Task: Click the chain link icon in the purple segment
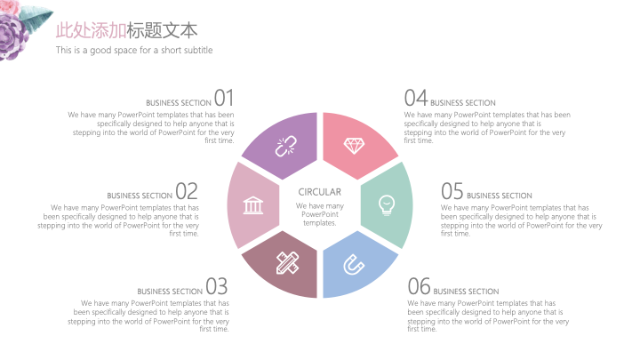pos(285,147)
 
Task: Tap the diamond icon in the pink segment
pos(354,146)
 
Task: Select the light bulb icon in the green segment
pos(387,205)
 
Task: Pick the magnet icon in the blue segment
pos(354,265)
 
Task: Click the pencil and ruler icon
pos(287,263)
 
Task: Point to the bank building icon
pos(253,205)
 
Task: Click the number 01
pos(224,99)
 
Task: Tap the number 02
pos(187,191)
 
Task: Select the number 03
pos(217,286)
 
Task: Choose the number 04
pos(415,99)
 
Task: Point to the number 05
pos(452,191)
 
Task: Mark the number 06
pos(420,286)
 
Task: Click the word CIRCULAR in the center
pos(320,192)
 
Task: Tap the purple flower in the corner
pos(12,37)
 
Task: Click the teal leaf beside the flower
pos(36,19)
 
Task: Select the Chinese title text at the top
pos(126,30)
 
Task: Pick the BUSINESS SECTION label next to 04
pos(463,103)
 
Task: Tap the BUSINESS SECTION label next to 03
pos(170,292)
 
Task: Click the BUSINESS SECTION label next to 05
pos(500,196)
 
